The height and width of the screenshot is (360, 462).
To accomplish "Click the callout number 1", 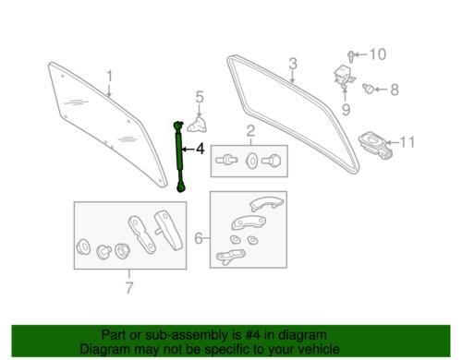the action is [x=109, y=77].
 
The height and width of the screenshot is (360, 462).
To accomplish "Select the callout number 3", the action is [x=293, y=64].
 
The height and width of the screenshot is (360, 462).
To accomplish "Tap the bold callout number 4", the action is [x=200, y=149].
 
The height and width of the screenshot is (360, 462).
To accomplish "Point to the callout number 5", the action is [x=200, y=97].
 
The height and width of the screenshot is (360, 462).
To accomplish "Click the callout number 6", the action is [x=199, y=238].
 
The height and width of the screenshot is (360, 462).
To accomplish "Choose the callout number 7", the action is [x=129, y=288].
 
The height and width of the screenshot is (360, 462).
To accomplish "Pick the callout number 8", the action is [x=395, y=90].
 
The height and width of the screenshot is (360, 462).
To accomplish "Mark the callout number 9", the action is [x=346, y=109].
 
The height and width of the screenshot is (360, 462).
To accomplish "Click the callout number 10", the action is [x=377, y=54].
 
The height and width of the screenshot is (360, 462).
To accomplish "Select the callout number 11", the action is [x=407, y=142].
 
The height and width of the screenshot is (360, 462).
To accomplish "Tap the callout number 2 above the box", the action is [x=250, y=131].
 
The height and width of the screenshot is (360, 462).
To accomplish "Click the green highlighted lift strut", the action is [x=179, y=156].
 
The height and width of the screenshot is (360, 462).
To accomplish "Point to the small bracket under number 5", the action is [x=197, y=126].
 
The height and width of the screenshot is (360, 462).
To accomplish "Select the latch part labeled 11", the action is [x=375, y=145].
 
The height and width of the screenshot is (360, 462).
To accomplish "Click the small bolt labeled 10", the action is [x=350, y=57].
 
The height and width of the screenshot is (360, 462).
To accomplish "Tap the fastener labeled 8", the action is [x=368, y=89].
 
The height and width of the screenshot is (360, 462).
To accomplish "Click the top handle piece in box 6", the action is [x=267, y=203].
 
